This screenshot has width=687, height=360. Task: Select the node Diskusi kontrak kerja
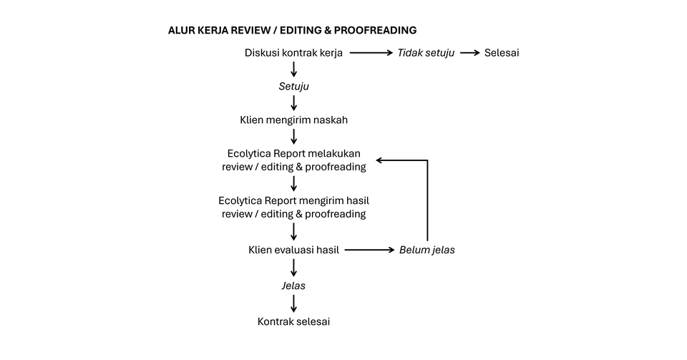pos(293,53)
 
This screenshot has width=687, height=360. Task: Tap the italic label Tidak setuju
pos(426,53)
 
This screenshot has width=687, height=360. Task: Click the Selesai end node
pos(502,53)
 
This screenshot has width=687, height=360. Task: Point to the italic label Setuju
pos(293,87)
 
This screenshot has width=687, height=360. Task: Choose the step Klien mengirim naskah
pos(293,120)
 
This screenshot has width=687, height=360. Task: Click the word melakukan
pos(336,153)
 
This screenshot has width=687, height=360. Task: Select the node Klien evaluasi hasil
pos(293,250)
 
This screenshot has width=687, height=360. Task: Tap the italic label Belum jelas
pos(427,250)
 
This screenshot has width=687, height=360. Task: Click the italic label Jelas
pos(293,285)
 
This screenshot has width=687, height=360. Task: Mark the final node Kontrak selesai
pos(293,321)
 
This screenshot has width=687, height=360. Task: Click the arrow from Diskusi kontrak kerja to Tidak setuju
pos(371,53)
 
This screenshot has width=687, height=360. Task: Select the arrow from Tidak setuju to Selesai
pos(469,53)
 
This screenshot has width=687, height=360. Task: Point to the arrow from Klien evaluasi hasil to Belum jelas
pos(369,250)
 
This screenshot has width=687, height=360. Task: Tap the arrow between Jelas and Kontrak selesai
pos(293,303)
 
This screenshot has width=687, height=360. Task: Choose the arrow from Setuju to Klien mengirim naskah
pos(293,103)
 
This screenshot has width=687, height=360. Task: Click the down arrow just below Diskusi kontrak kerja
pos(293,69)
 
